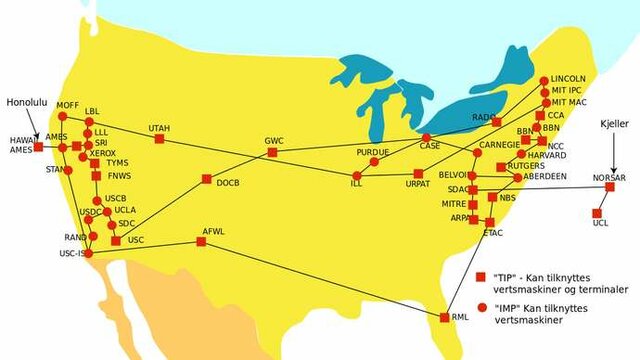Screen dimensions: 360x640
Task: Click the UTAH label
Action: tap(159, 129)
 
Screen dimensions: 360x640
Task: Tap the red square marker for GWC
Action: tap(267, 154)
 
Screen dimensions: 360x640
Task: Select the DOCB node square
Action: tap(206, 179)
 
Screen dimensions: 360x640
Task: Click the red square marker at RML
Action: tap(445, 317)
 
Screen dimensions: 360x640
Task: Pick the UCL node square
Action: tap(597, 212)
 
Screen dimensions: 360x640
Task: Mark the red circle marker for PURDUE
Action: tap(374, 161)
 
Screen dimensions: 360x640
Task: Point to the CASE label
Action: tap(430, 146)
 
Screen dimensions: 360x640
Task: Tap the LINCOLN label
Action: tap(569, 78)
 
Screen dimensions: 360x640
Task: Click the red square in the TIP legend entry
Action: tap(480, 276)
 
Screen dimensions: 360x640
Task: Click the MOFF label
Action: tap(68, 104)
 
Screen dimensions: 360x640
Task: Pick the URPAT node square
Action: tap(418, 174)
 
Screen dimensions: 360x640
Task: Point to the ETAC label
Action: tap(493, 233)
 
